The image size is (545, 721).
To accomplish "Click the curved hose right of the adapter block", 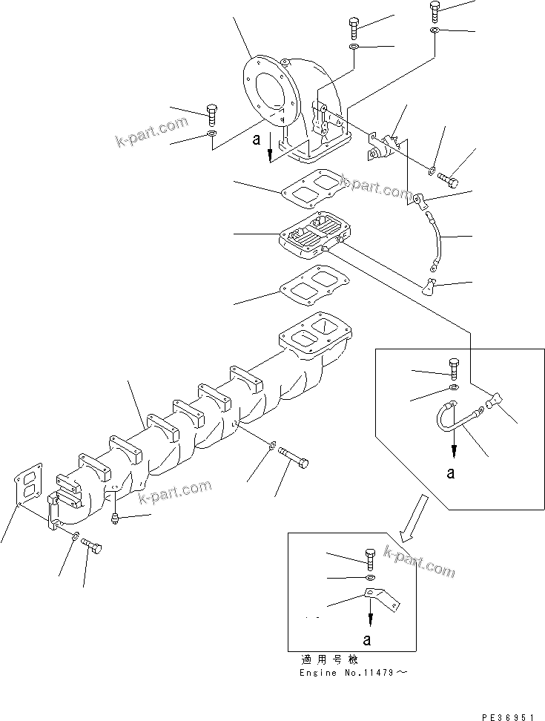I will [434, 240].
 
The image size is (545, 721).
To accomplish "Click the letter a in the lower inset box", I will [368, 637].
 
